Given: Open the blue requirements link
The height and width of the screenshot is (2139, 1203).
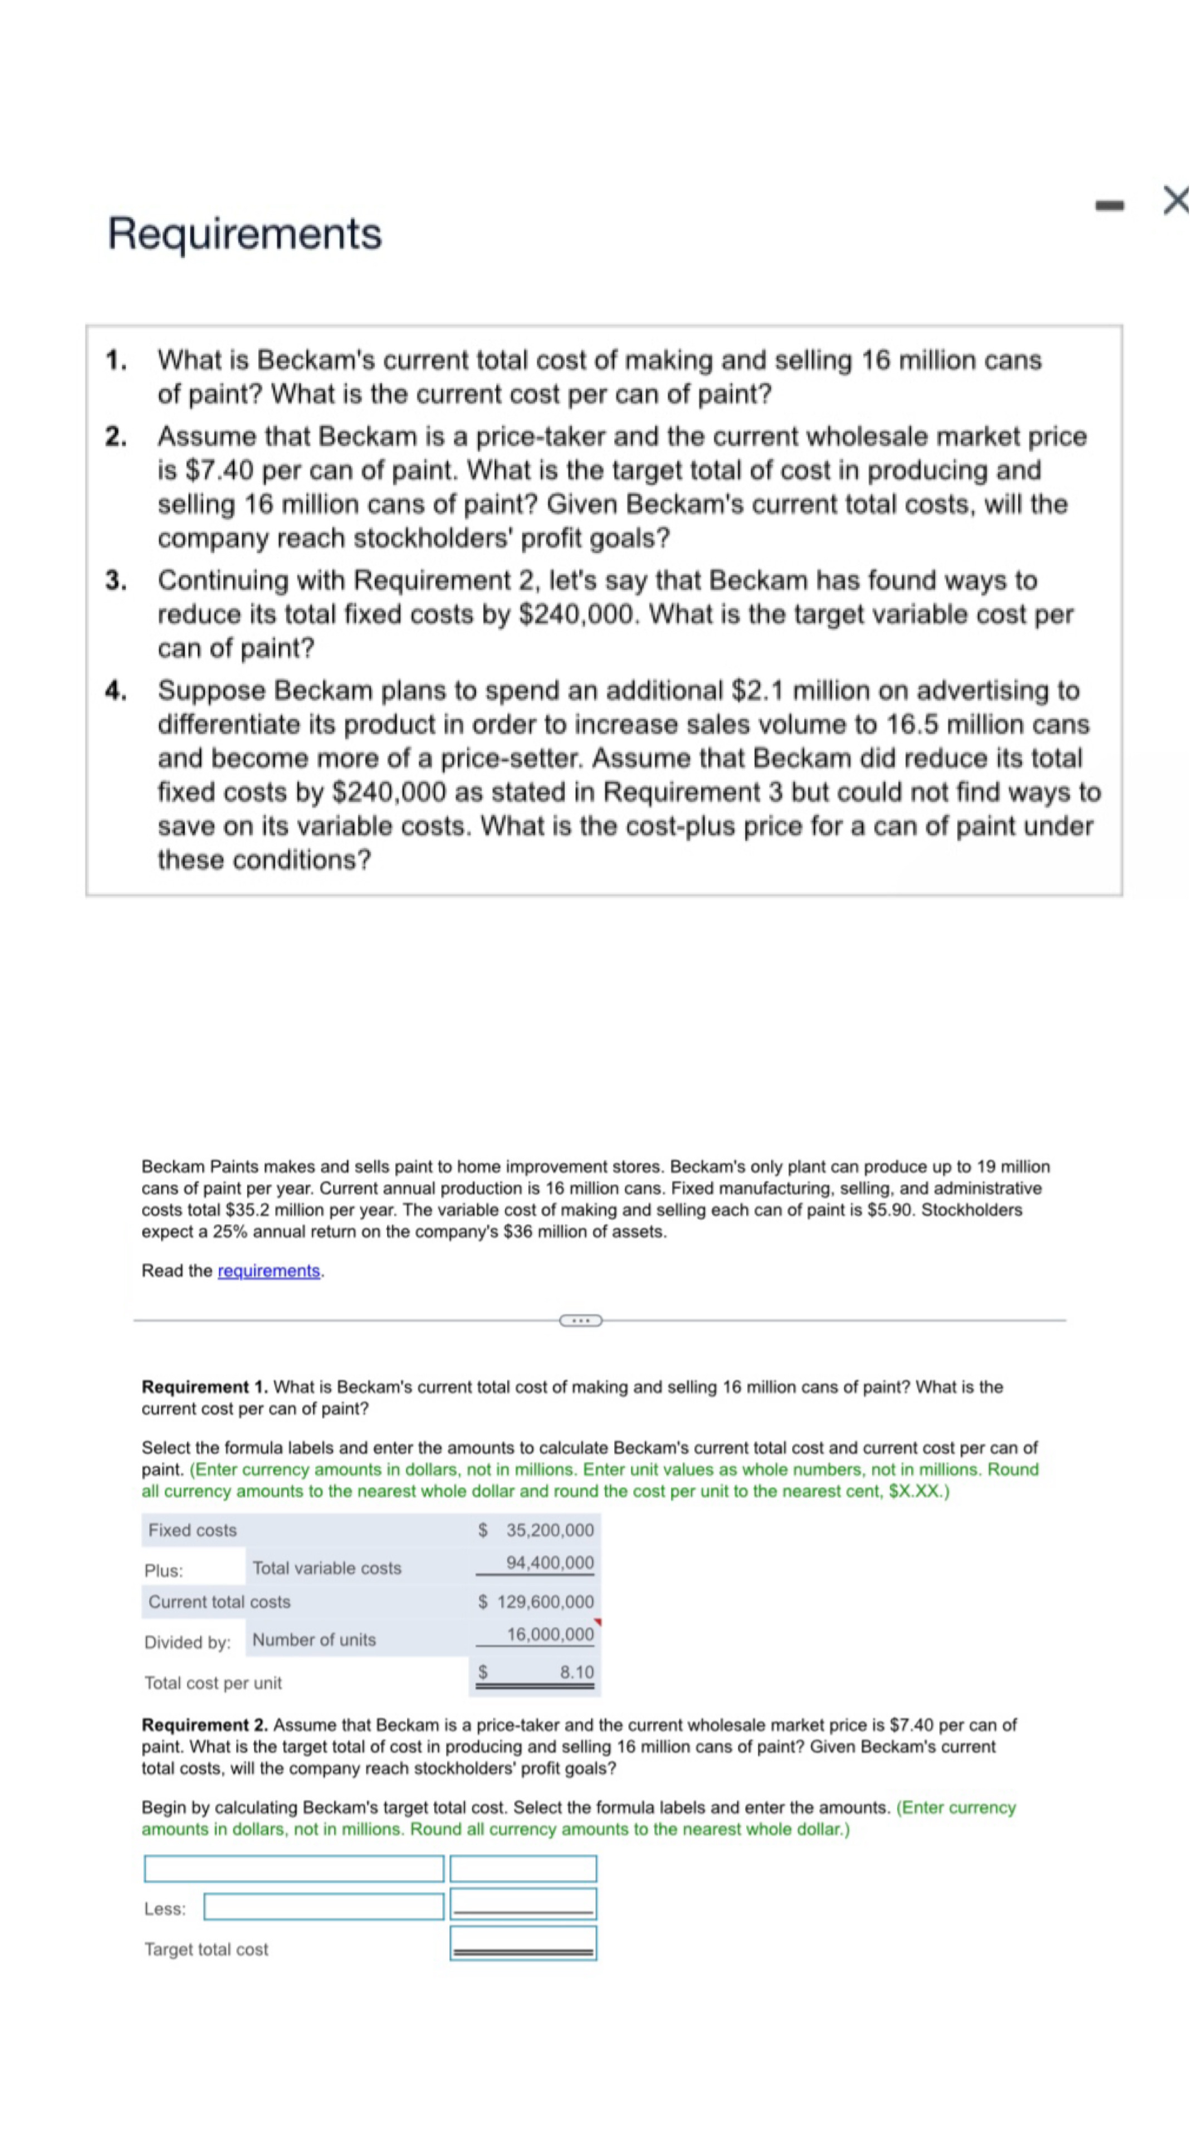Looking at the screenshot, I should [268, 1271].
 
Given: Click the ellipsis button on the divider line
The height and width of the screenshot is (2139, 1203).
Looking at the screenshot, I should [580, 1320].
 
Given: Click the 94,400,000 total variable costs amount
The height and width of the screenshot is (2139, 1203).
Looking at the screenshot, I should [550, 1562].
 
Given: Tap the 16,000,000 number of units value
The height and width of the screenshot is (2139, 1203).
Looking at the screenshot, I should [550, 1634].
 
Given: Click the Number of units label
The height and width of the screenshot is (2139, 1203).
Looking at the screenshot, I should [314, 1639].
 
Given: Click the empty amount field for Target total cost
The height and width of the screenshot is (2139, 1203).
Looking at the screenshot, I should [523, 1943].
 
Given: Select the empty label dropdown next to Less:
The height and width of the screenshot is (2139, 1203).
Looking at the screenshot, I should [324, 1907].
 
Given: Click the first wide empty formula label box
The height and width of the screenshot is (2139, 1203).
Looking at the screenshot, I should [294, 1868].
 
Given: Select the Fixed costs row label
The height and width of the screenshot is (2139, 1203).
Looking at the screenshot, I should [193, 1530].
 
